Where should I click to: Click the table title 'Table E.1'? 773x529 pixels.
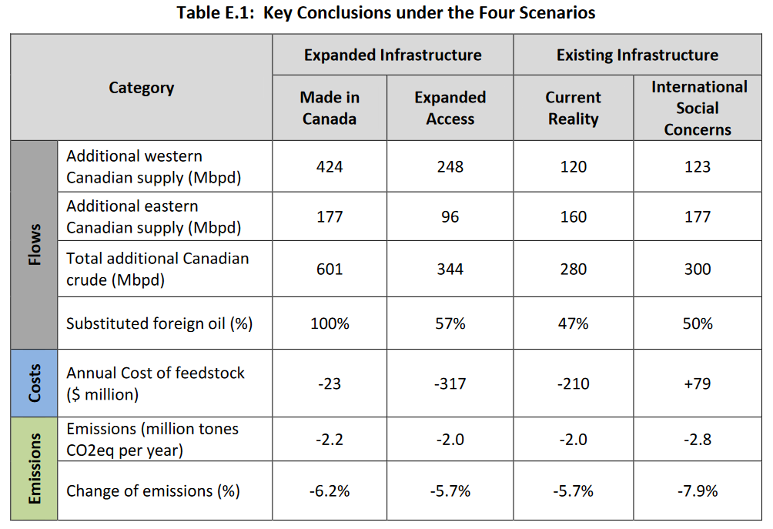click(x=386, y=13)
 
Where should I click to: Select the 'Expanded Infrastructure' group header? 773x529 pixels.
click(x=393, y=55)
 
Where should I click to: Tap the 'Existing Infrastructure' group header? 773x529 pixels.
click(x=637, y=55)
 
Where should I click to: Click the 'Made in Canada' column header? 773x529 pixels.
click(x=330, y=108)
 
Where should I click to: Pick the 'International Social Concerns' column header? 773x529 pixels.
click(x=698, y=108)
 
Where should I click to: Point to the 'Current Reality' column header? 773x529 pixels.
click(x=573, y=108)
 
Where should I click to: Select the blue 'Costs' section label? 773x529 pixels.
click(x=35, y=382)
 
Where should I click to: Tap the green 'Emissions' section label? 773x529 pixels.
click(x=35, y=468)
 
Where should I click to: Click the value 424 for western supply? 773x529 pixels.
click(x=330, y=166)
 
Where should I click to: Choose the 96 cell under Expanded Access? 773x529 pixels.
click(x=450, y=217)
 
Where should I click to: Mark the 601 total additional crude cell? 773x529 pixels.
click(x=330, y=270)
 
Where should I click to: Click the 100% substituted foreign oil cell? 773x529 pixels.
click(x=330, y=323)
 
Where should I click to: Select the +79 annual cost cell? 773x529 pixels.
click(x=698, y=383)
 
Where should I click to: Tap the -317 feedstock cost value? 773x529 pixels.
click(x=450, y=383)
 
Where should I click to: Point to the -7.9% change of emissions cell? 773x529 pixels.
click(x=698, y=491)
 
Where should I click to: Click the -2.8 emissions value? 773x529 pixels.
click(x=698, y=439)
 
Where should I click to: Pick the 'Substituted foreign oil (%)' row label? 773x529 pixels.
click(x=159, y=323)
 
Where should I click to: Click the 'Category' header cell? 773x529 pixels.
click(x=142, y=88)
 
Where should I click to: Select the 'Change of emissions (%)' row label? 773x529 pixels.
click(x=153, y=491)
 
